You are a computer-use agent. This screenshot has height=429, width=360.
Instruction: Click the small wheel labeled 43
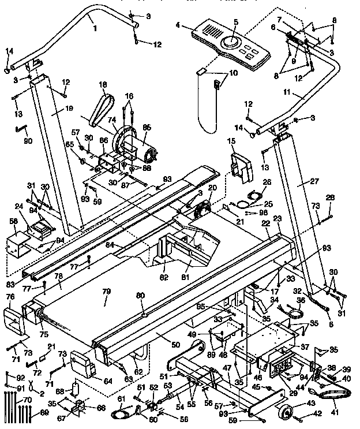click(x=286, y=413)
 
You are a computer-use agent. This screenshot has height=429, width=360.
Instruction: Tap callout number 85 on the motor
click(x=146, y=128)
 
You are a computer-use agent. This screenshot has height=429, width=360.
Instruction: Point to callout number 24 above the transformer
click(x=18, y=206)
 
